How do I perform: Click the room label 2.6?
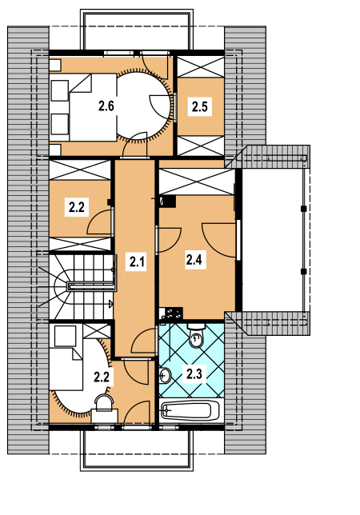pyautogui.click(x=106, y=106)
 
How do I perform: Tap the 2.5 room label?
pyautogui.click(x=200, y=106)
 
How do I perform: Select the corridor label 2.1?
pyautogui.click(x=137, y=261)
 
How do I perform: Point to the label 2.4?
pyautogui.click(x=194, y=260)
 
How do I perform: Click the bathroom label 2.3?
pyautogui.click(x=194, y=373)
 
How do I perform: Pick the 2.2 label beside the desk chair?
pyautogui.click(x=102, y=377)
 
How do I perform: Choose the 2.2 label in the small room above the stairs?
pyautogui.click(x=77, y=207)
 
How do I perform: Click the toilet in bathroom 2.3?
pyautogui.click(x=196, y=335)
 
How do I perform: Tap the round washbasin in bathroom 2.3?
pyautogui.click(x=166, y=375)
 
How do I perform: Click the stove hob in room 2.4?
pyautogui.click(x=174, y=313)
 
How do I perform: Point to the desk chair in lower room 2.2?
pyautogui.click(x=103, y=403)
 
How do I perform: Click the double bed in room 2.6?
pyautogui.click(x=93, y=107)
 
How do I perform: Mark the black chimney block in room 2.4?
pyautogui.click(x=168, y=201)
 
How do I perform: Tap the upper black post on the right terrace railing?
pyautogui.click(x=303, y=209)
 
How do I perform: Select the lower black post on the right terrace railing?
pyautogui.click(x=303, y=271)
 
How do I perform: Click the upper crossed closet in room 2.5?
pyautogui.click(x=201, y=67)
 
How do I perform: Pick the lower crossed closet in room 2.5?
pyautogui.click(x=201, y=146)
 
